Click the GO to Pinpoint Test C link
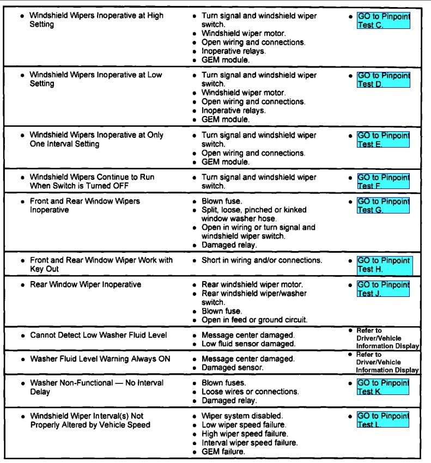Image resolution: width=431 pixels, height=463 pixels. coord(383,21)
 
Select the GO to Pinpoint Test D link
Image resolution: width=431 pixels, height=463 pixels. coord(383,80)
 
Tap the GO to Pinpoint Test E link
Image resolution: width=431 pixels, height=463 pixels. coord(383,139)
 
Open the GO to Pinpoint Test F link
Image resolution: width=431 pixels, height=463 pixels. coord(383,181)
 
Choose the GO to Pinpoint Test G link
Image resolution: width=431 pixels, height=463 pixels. coord(383,205)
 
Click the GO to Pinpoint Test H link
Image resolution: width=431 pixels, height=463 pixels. coord(384,265)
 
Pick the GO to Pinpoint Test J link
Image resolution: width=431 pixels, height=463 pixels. coord(383,289)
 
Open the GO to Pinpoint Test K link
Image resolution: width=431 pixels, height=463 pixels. coord(383,387)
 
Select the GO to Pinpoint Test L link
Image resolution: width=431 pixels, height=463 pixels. coord(383,420)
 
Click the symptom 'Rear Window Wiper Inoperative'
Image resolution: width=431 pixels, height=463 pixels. coord(85,284)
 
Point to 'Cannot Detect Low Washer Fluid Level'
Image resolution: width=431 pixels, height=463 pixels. coord(98,335)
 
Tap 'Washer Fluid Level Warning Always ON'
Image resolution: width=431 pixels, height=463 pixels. coord(100,359)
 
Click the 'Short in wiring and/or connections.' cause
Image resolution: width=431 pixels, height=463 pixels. coord(262,260)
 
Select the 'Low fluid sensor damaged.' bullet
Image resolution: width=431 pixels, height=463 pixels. coord(248,344)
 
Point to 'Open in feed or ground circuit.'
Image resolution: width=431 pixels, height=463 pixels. coord(254,320)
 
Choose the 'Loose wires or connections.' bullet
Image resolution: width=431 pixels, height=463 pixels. coord(250,392)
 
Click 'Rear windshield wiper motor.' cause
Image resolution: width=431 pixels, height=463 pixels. coord(252,284)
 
